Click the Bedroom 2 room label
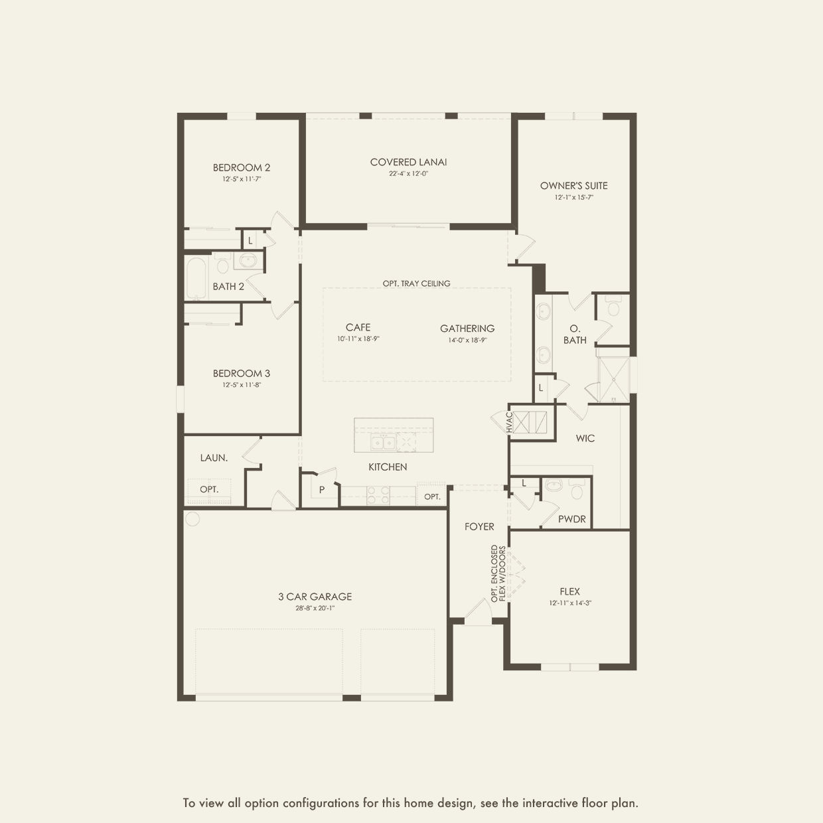[x=241, y=168]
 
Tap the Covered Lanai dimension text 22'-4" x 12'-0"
[x=408, y=174]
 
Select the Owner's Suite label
[x=573, y=186]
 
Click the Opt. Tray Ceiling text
[x=416, y=283]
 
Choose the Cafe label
[x=358, y=327]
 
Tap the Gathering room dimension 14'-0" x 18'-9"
[x=467, y=340]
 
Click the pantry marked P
[x=321, y=490]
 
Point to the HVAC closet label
[x=510, y=423]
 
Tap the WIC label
[x=585, y=438]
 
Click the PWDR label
[x=571, y=519]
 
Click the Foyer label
[x=479, y=526]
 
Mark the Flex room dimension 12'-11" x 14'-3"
[x=569, y=603]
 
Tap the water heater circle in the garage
[x=192, y=518]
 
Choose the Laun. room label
[x=214, y=458]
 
